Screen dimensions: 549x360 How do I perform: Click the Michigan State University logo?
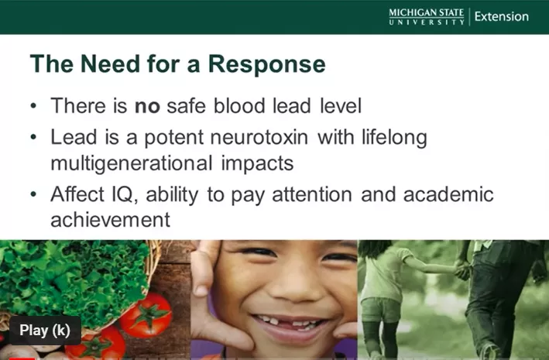click(427, 17)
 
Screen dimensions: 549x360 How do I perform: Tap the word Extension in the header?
click(502, 17)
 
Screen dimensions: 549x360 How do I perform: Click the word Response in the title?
click(267, 64)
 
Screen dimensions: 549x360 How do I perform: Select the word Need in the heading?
click(110, 63)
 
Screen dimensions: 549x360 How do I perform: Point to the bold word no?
click(147, 107)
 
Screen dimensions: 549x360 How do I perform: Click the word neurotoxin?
click(259, 137)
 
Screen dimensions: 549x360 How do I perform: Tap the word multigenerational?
click(132, 163)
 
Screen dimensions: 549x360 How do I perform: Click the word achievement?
click(110, 220)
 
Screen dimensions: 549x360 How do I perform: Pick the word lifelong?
click(394, 137)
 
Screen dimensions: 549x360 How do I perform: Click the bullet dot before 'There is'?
click(33, 105)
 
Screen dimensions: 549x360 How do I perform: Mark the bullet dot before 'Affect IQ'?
click(33, 194)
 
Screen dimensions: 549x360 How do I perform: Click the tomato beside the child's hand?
click(146, 314)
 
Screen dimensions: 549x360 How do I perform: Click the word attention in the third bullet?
click(312, 194)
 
